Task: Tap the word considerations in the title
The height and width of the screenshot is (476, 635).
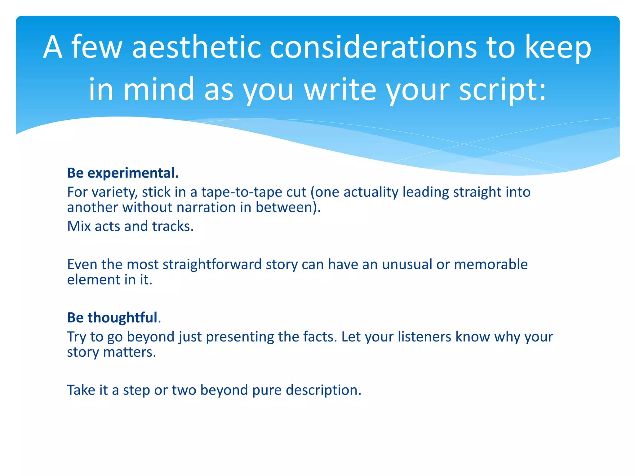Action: pyautogui.click(x=373, y=47)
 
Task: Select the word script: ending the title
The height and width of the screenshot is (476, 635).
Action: pyautogui.click(x=502, y=90)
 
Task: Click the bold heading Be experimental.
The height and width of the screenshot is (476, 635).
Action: pyautogui.click(x=123, y=173)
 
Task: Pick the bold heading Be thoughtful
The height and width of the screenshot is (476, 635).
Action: pyautogui.click(x=113, y=318)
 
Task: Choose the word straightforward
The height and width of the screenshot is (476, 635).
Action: pyautogui.click(x=212, y=265)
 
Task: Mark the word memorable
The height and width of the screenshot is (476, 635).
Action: pyautogui.click(x=491, y=265)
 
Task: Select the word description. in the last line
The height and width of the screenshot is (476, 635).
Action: pyautogui.click(x=323, y=390)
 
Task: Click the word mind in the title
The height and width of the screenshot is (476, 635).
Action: pyautogui.click(x=159, y=90)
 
